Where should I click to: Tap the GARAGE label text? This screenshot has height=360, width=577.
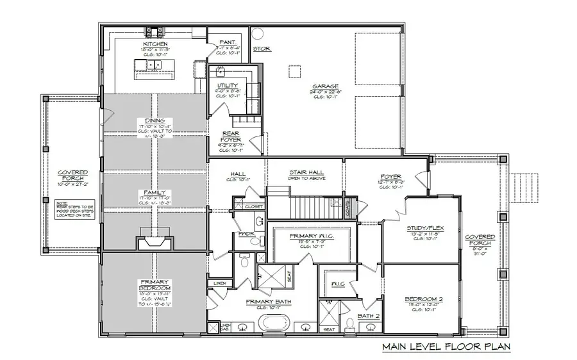(x=325, y=86)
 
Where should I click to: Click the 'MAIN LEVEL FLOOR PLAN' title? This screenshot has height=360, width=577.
(x=446, y=348)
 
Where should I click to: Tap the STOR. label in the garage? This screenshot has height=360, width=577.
(x=261, y=48)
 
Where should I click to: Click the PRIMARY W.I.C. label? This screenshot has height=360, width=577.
(x=309, y=236)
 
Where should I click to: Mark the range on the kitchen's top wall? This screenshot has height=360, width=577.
(x=153, y=30)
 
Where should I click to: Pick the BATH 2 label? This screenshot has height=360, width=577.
(x=369, y=315)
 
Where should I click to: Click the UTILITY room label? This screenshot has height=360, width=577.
(x=227, y=85)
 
